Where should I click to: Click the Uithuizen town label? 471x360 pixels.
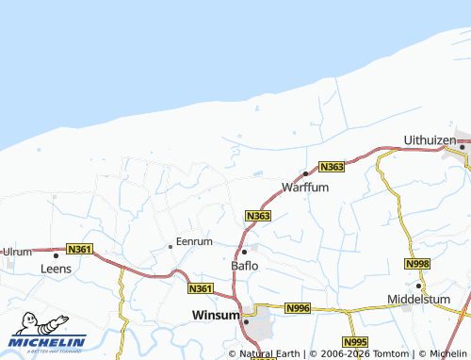[x=430, y=139]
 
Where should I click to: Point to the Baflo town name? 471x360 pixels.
[x=245, y=266]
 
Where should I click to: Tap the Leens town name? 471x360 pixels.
[x=56, y=269]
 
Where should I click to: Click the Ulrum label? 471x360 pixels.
[x=18, y=253]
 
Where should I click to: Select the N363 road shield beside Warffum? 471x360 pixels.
[x=331, y=167]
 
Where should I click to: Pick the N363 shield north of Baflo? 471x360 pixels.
[x=259, y=217]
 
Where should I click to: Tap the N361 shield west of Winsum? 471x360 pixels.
[x=200, y=288]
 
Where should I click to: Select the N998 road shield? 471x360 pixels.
[x=418, y=263]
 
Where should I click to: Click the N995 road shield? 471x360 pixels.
[x=355, y=342]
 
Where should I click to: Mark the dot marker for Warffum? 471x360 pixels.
[x=305, y=173]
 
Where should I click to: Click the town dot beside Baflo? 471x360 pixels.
[x=244, y=252]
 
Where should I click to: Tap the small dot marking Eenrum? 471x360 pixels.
[x=170, y=246]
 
